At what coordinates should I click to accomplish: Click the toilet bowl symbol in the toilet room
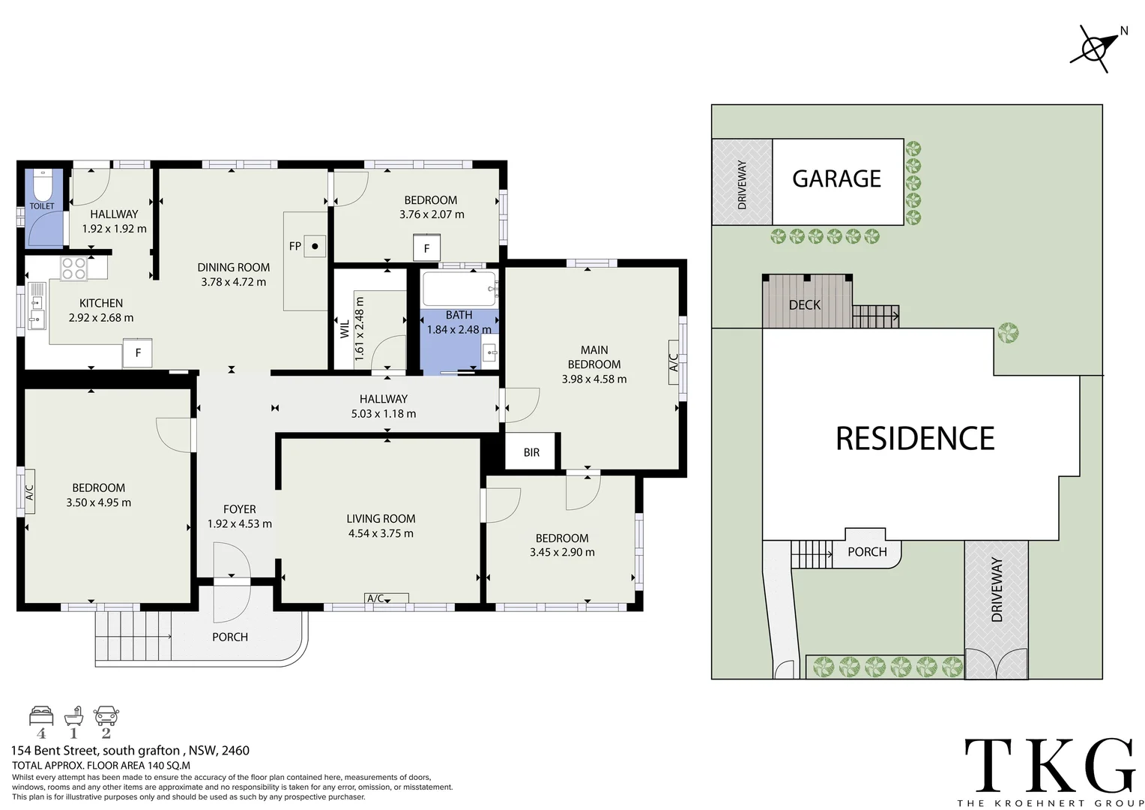(42, 185)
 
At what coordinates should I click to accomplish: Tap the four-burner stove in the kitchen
(74, 268)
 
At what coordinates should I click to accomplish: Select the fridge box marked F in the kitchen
(137, 352)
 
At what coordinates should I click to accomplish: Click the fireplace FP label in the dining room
(295, 246)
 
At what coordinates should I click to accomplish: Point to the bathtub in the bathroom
(459, 289)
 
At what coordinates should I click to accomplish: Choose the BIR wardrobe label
(531, 452)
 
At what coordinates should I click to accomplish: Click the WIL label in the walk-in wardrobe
(345, 329)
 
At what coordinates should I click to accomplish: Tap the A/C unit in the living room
(387, 598)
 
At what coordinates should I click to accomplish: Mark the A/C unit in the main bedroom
(674, 362)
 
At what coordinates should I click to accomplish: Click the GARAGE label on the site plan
(837, 178)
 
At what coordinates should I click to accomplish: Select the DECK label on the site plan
(805, 305)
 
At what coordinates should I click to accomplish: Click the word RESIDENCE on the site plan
(915, 439)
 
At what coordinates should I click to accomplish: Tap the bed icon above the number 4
(41, 715)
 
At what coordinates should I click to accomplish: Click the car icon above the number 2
(106, 715)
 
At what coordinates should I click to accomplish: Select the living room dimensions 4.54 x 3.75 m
(381, 533)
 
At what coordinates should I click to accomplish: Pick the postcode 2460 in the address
(235, 751)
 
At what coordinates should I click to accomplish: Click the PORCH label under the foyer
(230, 637)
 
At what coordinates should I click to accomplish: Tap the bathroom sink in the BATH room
(489, 352)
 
